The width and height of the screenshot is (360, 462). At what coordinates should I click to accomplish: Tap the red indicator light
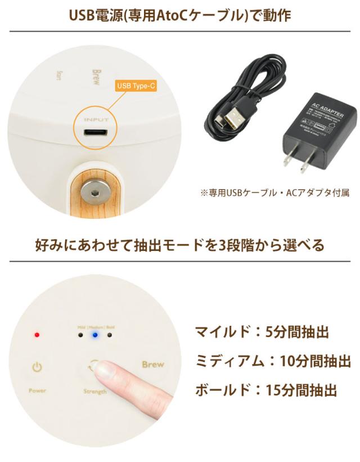(x=37, y=335)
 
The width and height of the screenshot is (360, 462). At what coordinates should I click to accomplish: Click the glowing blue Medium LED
(x=95, y=335)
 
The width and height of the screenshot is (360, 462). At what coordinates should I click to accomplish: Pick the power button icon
(x=37, y=369)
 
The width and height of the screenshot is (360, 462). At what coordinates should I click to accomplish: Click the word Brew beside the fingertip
(x=152, y=364)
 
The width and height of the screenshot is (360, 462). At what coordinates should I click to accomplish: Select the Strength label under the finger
(x=95, y=391)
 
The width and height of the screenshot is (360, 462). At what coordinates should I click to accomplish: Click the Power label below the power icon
(x=37, y=391)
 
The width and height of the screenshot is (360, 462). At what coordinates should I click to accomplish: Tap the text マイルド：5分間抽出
(x=261, y=332)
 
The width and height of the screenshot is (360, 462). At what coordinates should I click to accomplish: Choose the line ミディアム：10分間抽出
(x=273, y=360)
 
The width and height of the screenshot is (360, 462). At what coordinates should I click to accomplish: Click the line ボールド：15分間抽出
(x=265, y=389)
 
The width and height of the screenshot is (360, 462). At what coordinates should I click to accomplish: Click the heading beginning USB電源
(x=180, y=15)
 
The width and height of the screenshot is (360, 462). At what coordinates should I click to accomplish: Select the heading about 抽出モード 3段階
(x=180, y=246)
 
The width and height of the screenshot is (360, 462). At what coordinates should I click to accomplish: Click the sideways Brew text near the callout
(x=95, y=77)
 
